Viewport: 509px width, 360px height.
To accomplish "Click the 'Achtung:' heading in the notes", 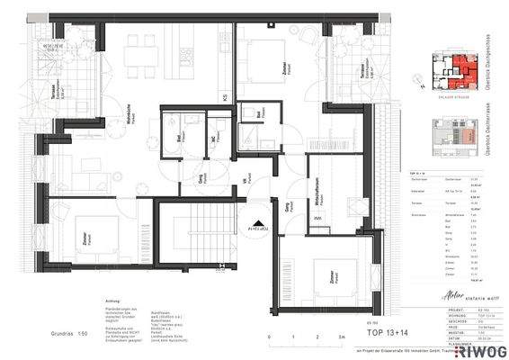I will pyautogui.click(x=112, y=301).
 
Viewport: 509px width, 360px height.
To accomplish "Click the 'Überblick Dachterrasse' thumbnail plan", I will pyautogui.click(x=453, y=134).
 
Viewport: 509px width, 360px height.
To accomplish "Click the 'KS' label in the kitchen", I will pyautogui.click(x=225, y=95).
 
